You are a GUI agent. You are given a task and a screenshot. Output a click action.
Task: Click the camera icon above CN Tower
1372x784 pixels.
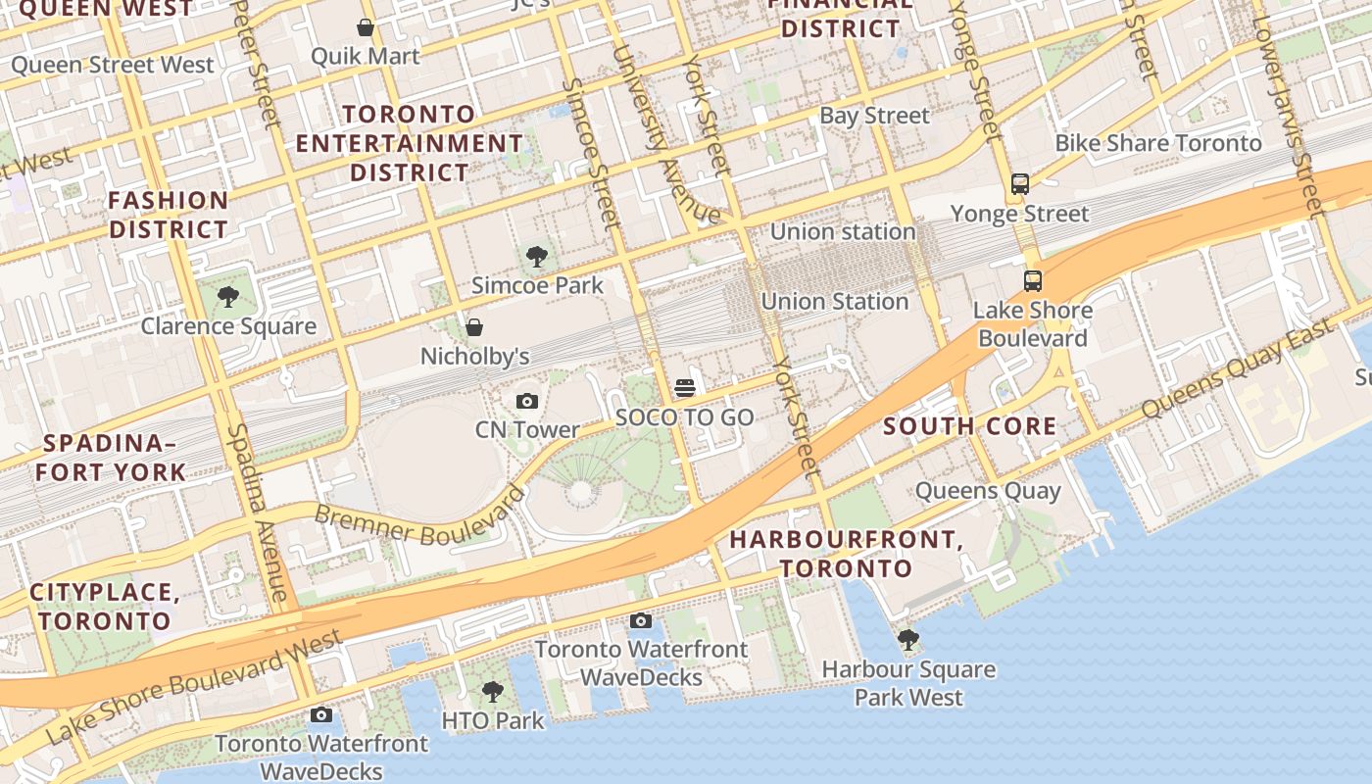(x=527, y=401)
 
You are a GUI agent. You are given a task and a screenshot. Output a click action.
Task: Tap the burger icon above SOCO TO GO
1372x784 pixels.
(x=685, y=388)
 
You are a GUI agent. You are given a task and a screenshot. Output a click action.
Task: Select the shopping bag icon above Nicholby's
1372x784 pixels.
(x=474, y=326)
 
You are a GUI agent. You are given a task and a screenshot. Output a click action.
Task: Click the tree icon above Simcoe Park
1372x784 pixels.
(x=536, y=257)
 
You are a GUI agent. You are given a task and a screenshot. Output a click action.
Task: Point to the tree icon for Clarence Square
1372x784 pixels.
(x=228, y=296)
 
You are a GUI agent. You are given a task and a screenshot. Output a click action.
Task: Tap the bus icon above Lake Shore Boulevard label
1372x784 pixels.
(x=1033, y=281)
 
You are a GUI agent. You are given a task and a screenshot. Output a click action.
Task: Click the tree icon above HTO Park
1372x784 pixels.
(x=493, y=692)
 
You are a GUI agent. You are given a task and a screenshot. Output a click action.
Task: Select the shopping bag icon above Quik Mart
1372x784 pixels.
(x=366, y=27)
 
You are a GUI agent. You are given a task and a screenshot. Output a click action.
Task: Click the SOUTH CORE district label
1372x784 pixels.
(x=969, y=426)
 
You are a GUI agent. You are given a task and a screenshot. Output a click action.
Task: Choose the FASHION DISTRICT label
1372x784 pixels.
(x=169, y=215)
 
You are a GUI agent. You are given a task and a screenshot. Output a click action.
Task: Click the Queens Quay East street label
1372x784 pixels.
(x=1237, y=368)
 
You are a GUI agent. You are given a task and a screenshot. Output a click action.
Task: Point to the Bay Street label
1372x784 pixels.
(x=874, y=116)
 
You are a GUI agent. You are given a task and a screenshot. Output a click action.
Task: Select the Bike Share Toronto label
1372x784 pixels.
(x=1157, y=143)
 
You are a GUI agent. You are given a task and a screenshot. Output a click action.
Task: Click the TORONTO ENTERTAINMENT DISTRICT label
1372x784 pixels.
(x=410, y=143)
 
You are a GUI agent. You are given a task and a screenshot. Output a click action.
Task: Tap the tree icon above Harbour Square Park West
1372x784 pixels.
(x=908, y=640)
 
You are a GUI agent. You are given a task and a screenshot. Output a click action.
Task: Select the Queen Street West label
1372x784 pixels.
(x=112, y=66)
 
